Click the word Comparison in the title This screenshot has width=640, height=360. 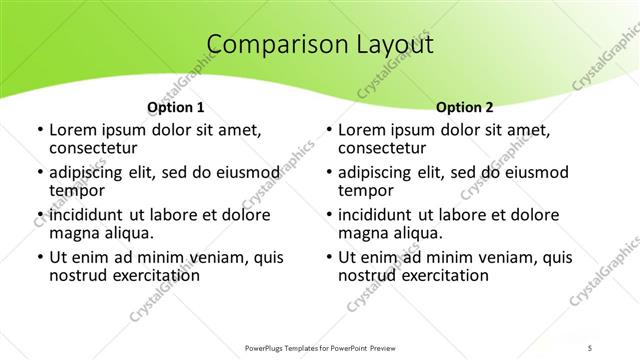pos(265,45)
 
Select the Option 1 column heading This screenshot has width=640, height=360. pos(176,106)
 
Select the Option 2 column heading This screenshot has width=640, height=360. pos(465,106)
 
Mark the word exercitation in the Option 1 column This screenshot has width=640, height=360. pos(148,274)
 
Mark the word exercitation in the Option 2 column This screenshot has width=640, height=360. pos(436,274)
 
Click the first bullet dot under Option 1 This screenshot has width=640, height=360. pos(39,131)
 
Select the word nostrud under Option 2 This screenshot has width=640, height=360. pos(367,274)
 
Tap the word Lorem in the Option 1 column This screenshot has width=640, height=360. pos(72,130)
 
